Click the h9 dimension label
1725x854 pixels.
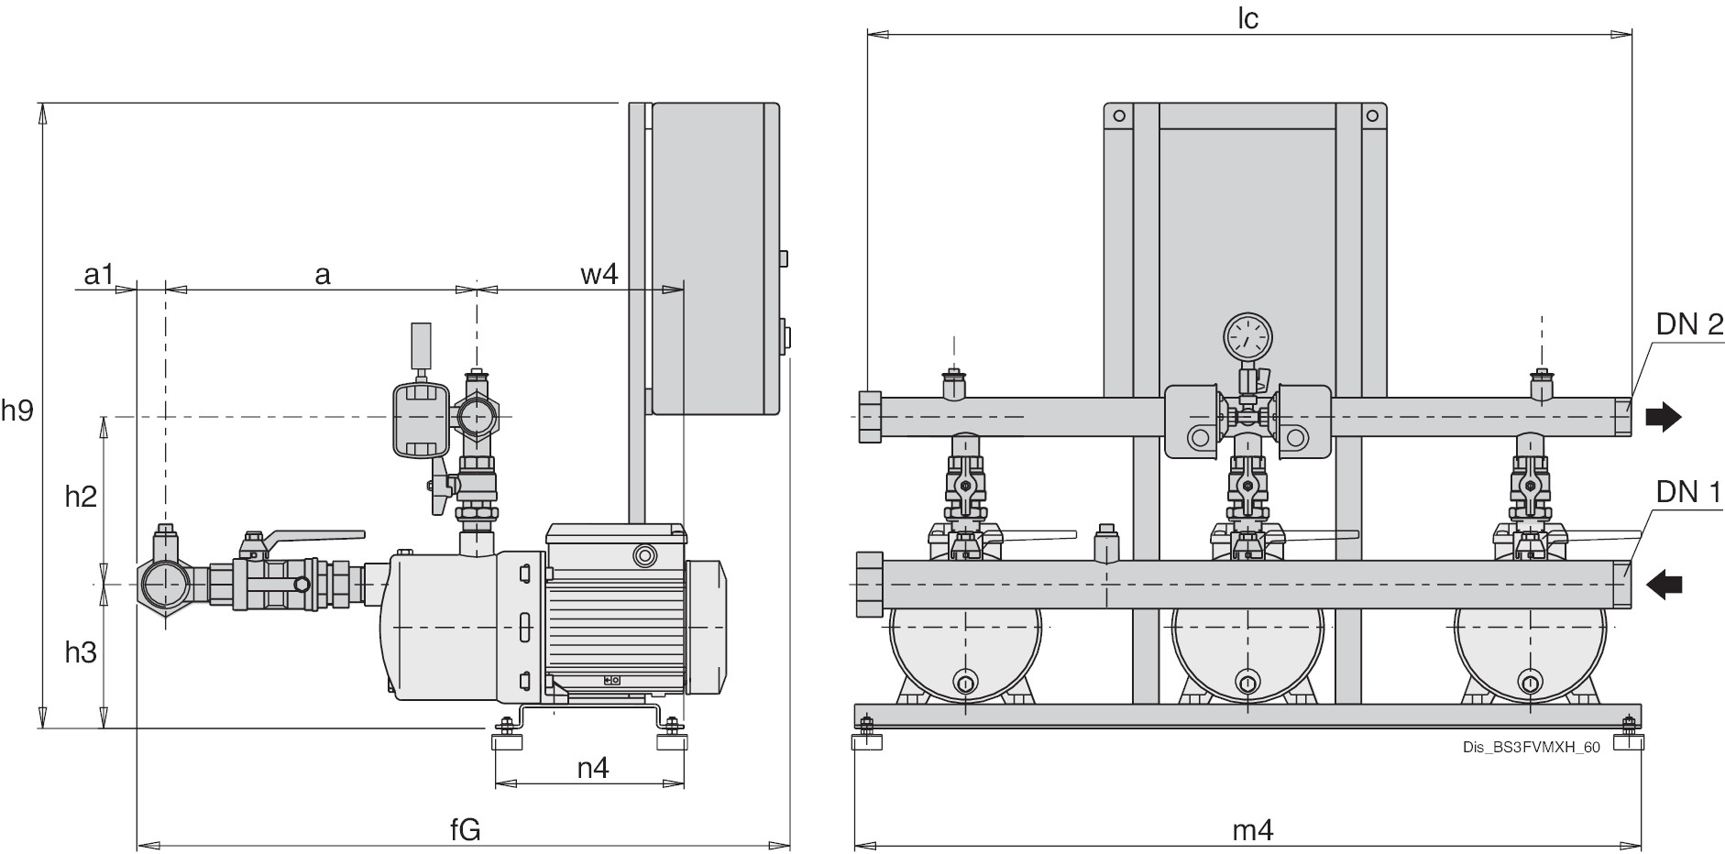(16, 411)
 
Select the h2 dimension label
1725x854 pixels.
(81, 496)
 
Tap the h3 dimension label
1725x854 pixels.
(81, 652)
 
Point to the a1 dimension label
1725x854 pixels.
(98, 273)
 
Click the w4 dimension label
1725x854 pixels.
(599, 273)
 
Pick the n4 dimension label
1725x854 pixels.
(593, 767)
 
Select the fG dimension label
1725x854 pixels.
(466, 829)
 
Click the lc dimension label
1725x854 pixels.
(1247, 19)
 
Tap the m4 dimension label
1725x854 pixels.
(1252, 830)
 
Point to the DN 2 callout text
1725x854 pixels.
(1688, 324)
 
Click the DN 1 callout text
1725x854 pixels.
(1688, 492)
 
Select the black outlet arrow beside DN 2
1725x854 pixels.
(1664, 418)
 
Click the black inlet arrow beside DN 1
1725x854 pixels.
(1665, 584)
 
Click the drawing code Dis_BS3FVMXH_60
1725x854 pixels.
(1532, 748)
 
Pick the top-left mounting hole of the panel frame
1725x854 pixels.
(1119, 115)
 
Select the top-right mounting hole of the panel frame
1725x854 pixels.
(1371, 115)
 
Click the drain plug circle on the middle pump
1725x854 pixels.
(1247, 682)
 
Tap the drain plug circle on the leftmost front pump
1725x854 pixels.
(965, 682)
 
